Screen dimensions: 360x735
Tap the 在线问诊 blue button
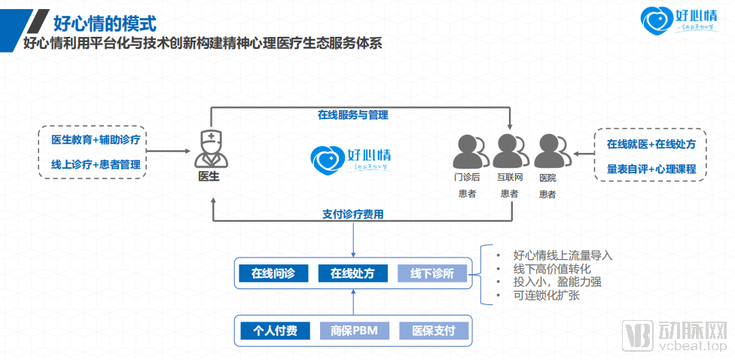[272, 273]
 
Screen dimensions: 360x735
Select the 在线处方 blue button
[352, 273]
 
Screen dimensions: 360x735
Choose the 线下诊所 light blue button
[432, 273]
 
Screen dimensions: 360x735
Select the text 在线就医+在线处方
[651, 142]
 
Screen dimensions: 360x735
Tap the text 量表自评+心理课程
[651, 169]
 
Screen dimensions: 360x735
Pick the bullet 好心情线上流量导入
[563, 255]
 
